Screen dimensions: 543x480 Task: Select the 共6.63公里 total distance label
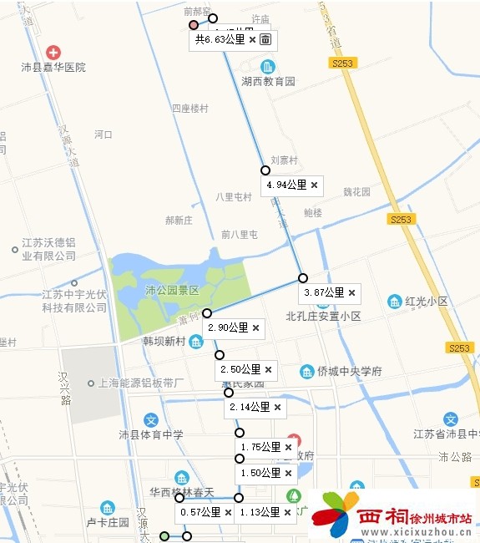pos(219,39)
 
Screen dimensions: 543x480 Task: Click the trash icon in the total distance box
pos(265,39)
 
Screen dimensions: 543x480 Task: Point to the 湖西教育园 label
pos(268,82)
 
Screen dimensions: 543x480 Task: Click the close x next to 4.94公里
pos(314,185)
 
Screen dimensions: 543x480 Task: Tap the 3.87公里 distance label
pos(324,292)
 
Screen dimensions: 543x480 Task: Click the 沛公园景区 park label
pos(172,291)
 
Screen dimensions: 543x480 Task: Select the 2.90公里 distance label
pos(228,327)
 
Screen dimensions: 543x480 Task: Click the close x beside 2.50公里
pos(268,369)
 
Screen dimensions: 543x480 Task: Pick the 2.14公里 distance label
pos(249,407)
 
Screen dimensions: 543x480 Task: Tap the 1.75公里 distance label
pos(260,447)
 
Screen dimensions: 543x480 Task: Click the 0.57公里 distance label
pos(200,512)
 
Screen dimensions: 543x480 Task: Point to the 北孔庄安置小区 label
pos(323,317)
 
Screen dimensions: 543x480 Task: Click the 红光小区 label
pos(426,301)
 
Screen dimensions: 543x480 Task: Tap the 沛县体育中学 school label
pos(150,434)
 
